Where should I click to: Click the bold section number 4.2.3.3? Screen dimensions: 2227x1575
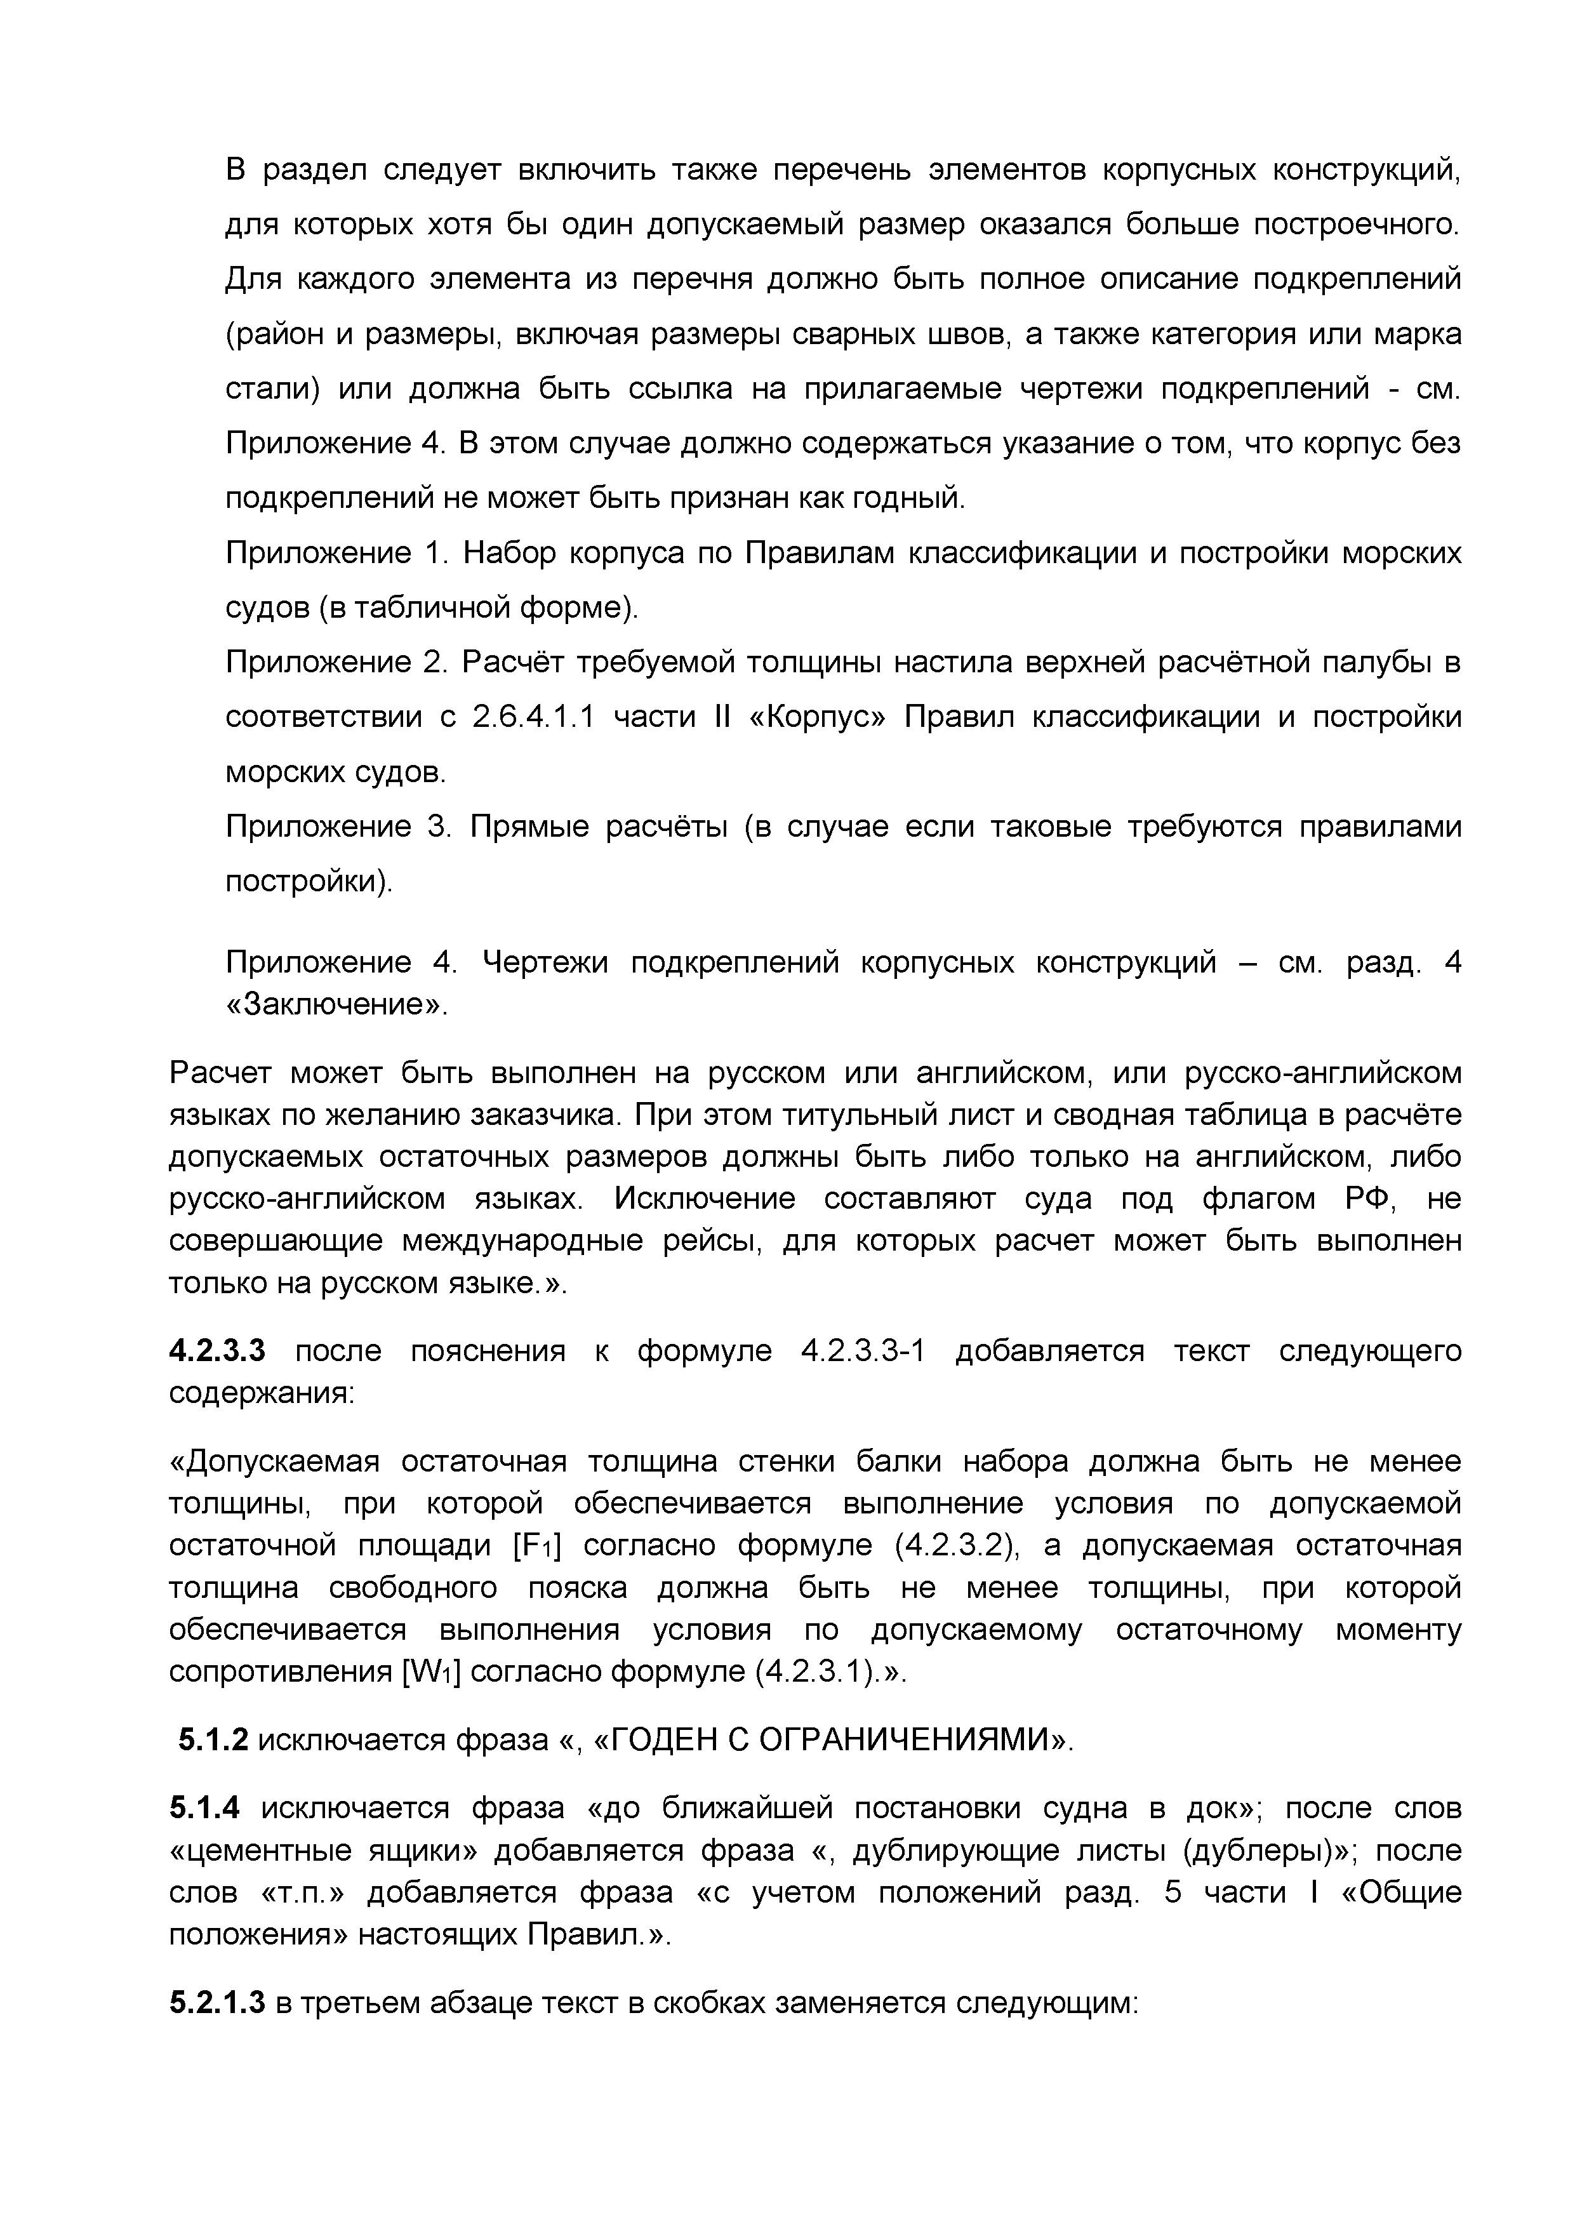[216, 1351]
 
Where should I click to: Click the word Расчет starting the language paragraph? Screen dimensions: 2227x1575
[220, 1074]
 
